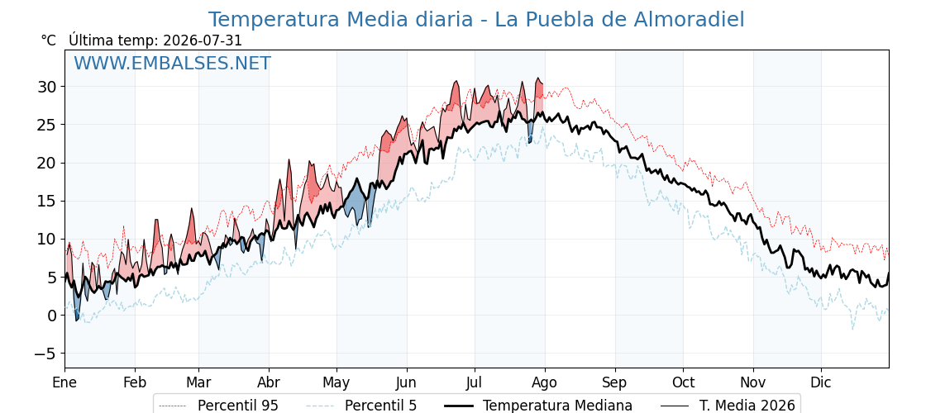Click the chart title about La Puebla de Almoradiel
tap(476, 20)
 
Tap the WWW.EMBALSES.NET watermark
tap(173, 63)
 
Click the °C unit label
tap(49, 40)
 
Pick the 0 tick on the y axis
tap(54, 315)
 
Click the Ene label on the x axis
tap(65, 382)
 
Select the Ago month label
tap(544, 382)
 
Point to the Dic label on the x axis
tap(821, 382)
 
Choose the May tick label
tap(337, 382)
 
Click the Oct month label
tap(683, 382)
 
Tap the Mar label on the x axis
tap(198, 382)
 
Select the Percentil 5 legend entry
tap(362, 406)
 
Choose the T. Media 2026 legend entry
tap(728, 406)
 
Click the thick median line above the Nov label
tap(753, 223)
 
